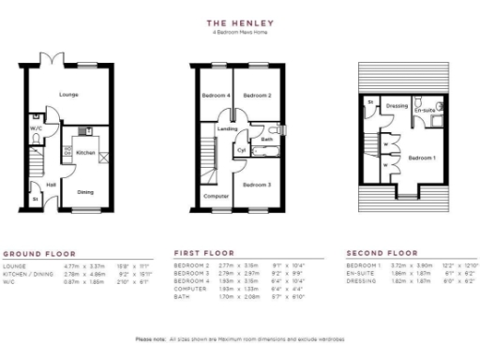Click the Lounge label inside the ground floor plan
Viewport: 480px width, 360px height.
click(x=68, y=95)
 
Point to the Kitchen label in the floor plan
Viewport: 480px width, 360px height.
click(x=85, y=151)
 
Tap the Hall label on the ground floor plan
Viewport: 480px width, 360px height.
click(x=52, y=185)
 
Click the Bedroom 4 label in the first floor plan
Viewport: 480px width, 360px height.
click(x=216, y=96)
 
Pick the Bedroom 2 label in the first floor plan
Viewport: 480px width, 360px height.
click(x=258, y=96)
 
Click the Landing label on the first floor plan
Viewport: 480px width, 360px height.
click(x=227, y=128)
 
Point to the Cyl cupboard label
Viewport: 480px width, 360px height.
click(x=241, y=150)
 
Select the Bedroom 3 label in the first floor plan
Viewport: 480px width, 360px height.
click(x=257, y=185)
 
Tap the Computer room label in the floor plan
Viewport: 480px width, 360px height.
click(x=216, y=196)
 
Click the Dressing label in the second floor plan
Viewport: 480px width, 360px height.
click(x=397, y=106)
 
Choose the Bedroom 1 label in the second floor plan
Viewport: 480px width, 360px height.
click(x=423, y=157)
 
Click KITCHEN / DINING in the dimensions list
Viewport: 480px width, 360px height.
click(x=24, y=273)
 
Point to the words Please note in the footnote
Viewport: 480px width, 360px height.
click(x=150, y=338)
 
